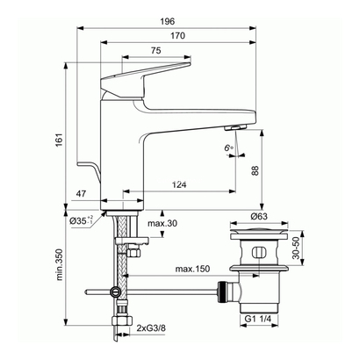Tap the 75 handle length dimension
[155, 52]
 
